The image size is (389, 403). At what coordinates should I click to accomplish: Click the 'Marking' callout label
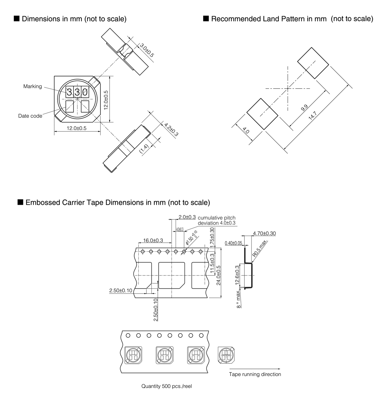click(32, 86)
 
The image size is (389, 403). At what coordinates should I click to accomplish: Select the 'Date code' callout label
click(30, 116)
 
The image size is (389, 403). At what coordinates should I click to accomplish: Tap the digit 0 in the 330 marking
click(85, 92)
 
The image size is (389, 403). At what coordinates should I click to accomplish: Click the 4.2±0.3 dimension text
click(171, 129)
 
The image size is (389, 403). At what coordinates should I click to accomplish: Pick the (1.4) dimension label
click(144, 149)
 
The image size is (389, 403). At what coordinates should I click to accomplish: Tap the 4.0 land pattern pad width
click(246, 131)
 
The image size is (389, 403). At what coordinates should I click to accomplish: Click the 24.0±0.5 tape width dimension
click(218, 275)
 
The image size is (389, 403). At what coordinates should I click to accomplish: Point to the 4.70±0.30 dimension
click(264, 233)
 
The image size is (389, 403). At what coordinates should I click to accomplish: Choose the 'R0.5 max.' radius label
click(259, 249)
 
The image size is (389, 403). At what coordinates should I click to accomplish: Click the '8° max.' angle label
click(239, 300)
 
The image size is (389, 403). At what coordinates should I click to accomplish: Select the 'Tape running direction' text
click(255, 374)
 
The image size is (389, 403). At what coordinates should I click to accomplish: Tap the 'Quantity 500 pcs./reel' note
click(167, 386)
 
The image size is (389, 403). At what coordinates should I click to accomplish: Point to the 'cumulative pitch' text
click(217, 218)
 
